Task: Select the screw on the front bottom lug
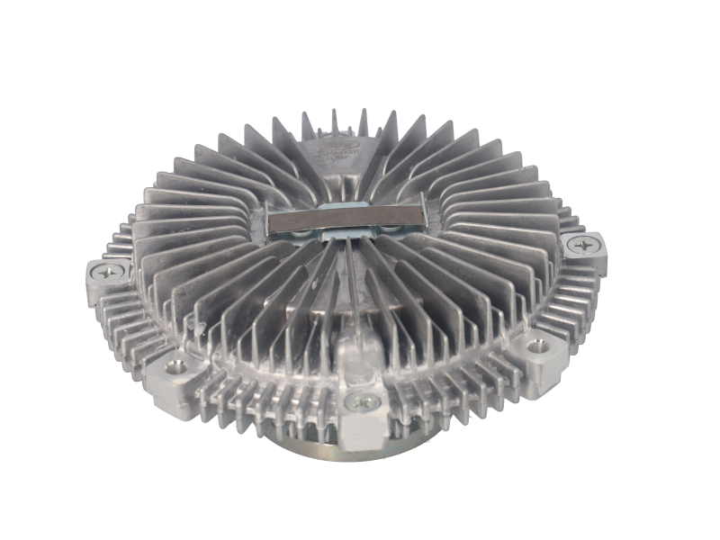[x=362, y=402]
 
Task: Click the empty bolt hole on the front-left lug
[x=175, y=365]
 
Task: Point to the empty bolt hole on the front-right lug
[x=537, y=346]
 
